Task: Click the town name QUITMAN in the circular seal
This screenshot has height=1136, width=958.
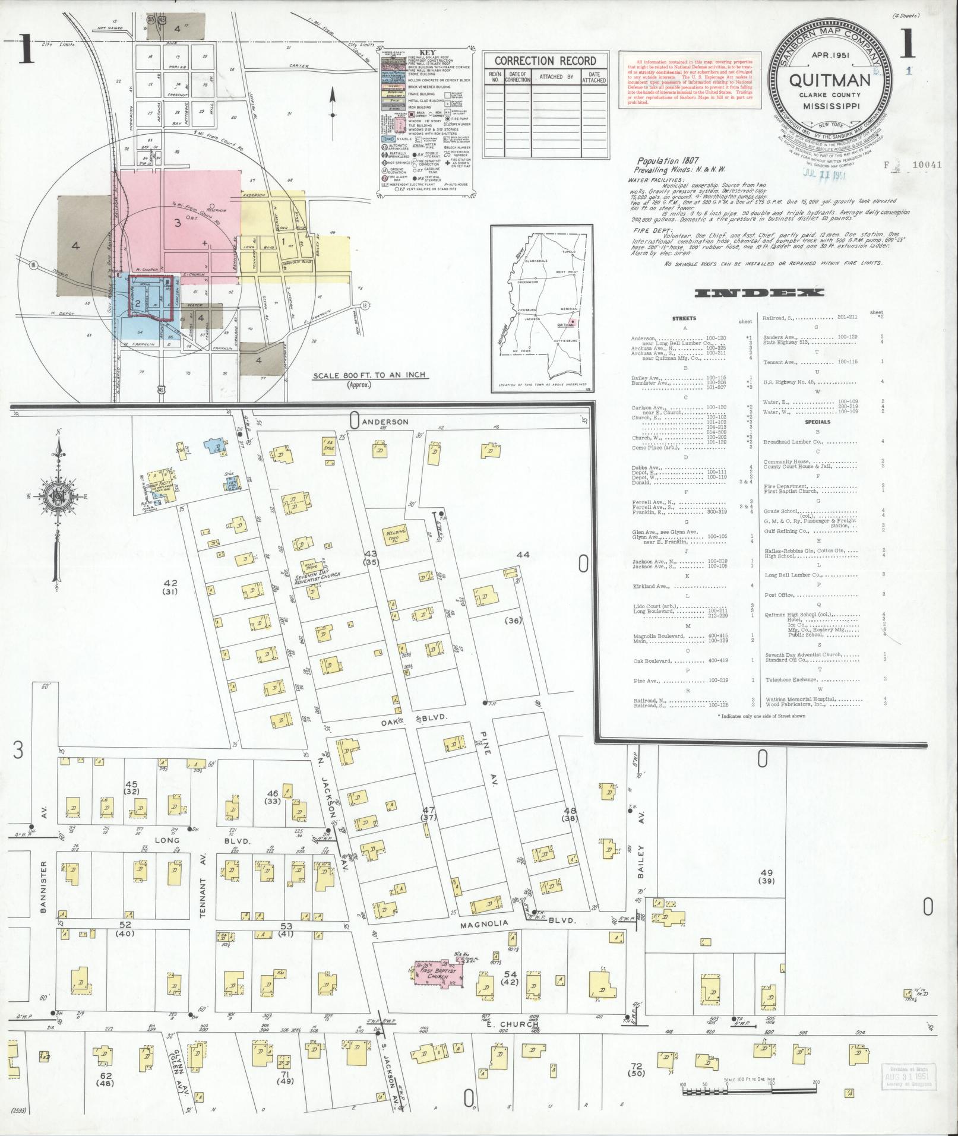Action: [x=830, y=80]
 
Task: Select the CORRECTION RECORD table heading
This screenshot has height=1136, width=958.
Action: [x=545, y=61]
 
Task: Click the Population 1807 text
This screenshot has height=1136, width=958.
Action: [x=668, y=161]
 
